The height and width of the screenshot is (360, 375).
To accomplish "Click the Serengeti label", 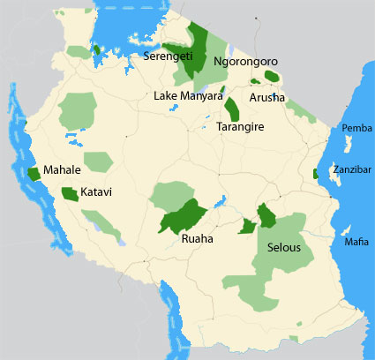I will tap(169, 56).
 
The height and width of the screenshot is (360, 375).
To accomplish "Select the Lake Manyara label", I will tap(188, 95).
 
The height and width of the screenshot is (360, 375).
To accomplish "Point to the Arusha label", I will tap(267, 97).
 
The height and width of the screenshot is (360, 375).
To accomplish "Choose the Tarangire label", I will tap(240, 127).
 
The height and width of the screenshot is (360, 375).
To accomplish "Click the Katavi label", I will tap(95, 191).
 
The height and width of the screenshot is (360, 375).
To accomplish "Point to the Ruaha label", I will tap(197, 238).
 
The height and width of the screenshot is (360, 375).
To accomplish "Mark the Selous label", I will tap(285, 248).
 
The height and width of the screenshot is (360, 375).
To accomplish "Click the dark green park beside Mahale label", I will tap(34, 173).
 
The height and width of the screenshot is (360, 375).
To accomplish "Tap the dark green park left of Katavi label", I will tap(69, 193).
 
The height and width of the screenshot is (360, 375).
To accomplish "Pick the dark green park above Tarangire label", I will tap(233, 109).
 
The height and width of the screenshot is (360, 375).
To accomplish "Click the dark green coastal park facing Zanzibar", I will tap(315, 174).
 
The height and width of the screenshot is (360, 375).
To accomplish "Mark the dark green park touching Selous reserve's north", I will tap(265, 214).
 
